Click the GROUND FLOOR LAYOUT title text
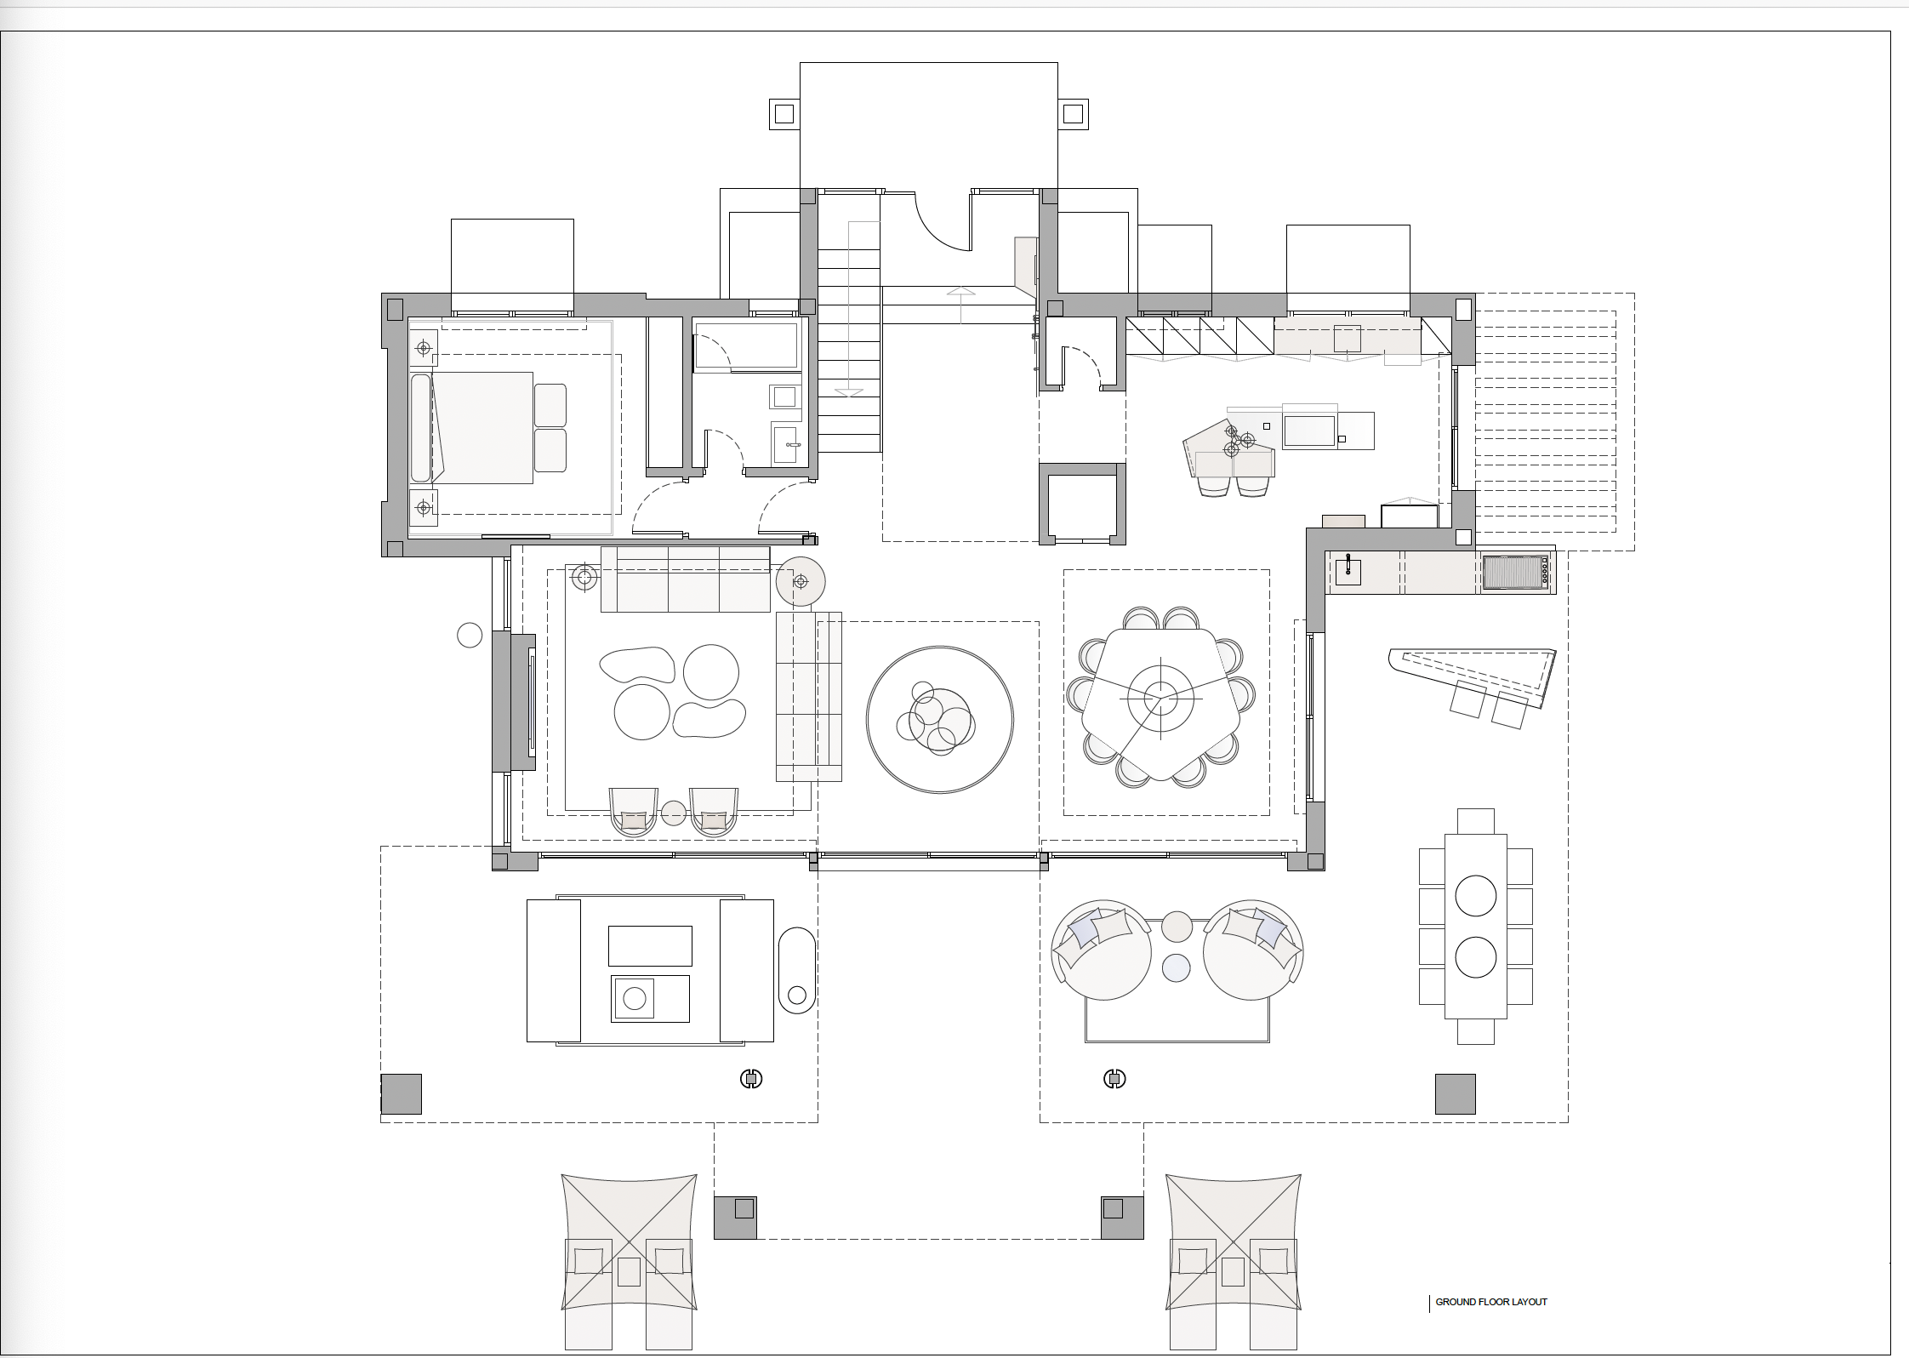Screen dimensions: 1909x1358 (x=1491, y=1302)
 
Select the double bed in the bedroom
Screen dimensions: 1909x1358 (x=489, y=427)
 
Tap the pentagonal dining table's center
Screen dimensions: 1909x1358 (x=1154, y=699)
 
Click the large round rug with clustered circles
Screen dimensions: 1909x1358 (x=940, y=720)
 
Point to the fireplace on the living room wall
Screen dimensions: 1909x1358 (x=521, y=703)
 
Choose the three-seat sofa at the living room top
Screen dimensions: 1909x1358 (x=685, y=579)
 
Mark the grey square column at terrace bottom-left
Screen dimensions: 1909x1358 (x=401, y=1093)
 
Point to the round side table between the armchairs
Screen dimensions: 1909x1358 (x=674, y=813)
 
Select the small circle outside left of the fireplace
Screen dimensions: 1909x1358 (x=470, y=635)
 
